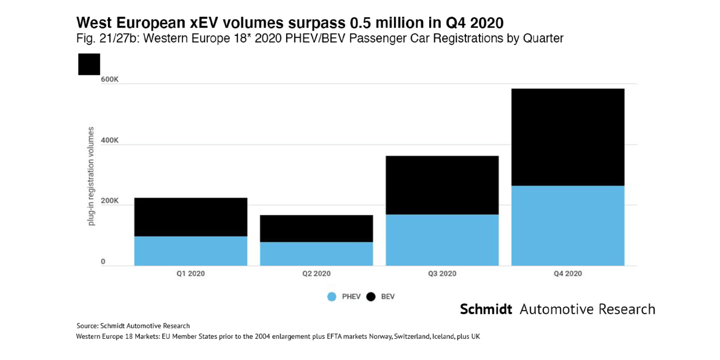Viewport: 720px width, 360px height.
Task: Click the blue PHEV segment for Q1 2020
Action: point(191,251)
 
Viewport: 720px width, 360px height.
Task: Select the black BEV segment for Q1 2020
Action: point(191,217)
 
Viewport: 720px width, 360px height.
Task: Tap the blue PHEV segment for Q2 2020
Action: point(316,253)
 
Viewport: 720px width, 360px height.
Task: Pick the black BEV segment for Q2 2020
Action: point(316,228)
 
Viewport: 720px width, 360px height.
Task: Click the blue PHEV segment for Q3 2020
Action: point(442,240)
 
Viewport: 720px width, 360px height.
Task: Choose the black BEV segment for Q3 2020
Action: point(442,185)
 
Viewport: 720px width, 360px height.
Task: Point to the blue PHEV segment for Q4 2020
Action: point(568,226)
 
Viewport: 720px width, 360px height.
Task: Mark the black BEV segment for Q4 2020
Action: point(568,137)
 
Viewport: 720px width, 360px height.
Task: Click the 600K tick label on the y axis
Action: point(109,79)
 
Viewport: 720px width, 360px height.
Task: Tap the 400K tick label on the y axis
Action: point(109,140)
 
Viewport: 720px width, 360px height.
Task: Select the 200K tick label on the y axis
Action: point(109,201)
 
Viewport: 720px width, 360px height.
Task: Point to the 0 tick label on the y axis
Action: point(103,262)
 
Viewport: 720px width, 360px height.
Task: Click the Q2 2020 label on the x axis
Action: point(316,274)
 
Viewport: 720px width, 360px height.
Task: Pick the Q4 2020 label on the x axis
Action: point(568,274)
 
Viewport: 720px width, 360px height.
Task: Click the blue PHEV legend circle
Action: point(332,297)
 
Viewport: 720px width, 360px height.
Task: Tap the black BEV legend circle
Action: point(371,297)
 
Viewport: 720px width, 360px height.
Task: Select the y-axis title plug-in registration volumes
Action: point(91,177)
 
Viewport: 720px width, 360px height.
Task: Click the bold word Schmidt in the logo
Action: point(486,309)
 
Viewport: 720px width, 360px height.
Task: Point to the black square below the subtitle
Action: point(89,64)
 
